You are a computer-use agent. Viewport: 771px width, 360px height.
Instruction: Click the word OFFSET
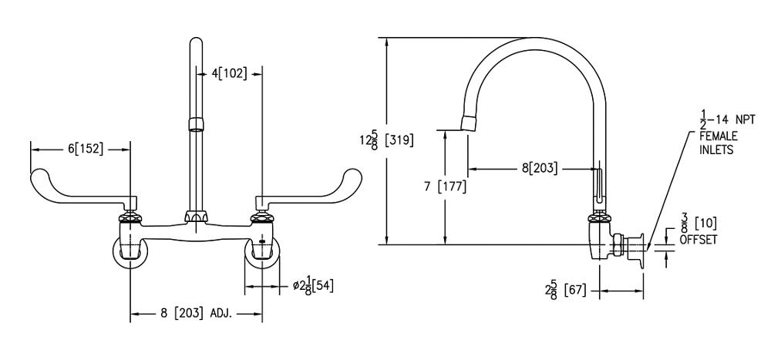(x=698, y=240)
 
